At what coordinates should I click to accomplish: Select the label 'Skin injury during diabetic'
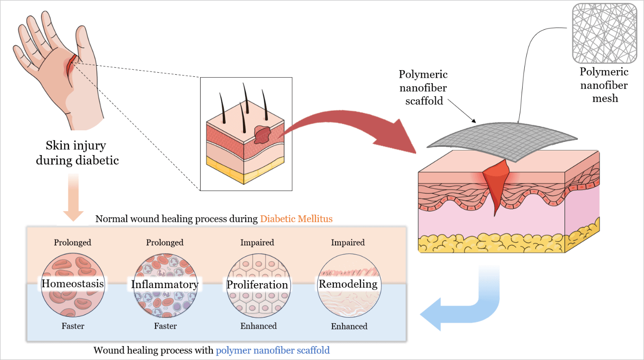(76, 153)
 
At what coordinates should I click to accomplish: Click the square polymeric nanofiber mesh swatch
(604, 34)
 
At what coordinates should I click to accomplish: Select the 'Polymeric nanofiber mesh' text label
(604, 85)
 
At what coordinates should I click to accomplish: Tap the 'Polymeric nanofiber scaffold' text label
(423, 88)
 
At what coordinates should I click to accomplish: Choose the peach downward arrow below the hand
(73, 198)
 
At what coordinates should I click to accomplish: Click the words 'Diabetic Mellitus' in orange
(296, 219)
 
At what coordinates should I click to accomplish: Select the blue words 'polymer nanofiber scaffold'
(273, 350)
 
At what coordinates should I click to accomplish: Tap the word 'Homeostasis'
(72, 284)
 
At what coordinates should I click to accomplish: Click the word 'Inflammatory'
(165, 284)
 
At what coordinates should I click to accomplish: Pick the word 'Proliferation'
(257, 285)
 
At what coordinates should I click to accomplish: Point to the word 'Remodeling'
(348, 284)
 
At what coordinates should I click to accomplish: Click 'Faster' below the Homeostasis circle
(73, 326)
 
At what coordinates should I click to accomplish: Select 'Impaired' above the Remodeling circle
(348, 243)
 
